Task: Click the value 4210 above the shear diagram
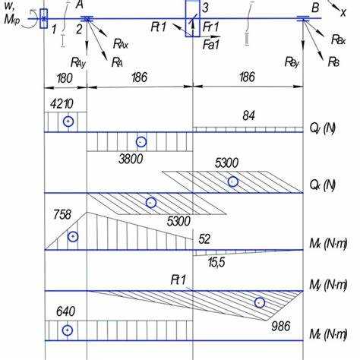point(62,104)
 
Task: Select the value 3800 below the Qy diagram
point(131,159)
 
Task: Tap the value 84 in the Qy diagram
point(248,115)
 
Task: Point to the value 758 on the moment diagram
point(62,215)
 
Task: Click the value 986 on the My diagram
point(281,326)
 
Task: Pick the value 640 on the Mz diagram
point(65,311)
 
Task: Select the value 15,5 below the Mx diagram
point(216,262)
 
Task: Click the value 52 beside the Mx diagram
point(204,238)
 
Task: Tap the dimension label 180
point(65,78)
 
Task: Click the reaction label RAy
point(78,62)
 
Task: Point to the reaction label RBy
point(292,62)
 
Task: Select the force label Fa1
point(211,45)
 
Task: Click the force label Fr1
point(210,27)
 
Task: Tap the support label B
point(315,8)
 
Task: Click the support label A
point(80,5)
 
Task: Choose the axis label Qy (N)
point(322,128)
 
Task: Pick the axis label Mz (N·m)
point(328,334)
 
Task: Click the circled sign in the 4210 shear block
point(68,122)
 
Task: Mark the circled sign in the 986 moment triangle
point(260,302)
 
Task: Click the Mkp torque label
point(11,20)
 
